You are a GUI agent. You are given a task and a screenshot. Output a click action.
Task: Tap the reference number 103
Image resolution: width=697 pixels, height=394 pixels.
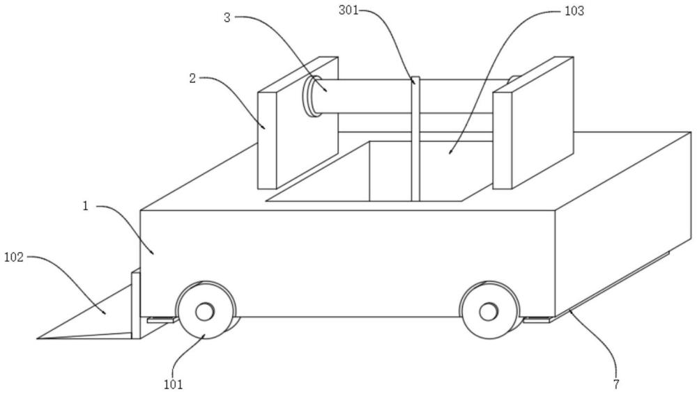click(x=575, y=11)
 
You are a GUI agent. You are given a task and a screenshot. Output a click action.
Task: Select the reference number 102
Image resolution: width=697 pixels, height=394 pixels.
click(x=14, y=257)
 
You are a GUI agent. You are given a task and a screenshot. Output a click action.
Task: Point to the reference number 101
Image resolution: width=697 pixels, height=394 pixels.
click(x=174, y=382)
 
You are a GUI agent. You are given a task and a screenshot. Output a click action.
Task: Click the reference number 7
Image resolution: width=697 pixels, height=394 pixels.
click(x=616, y=382)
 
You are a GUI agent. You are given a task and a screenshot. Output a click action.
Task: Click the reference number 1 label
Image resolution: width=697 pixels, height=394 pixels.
click(x=86, y=207)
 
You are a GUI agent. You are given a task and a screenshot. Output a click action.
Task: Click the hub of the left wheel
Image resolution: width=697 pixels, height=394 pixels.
click(x=204, y=313)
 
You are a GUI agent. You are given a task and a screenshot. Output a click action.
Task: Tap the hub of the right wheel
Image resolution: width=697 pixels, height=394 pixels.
click(x=489, y=310)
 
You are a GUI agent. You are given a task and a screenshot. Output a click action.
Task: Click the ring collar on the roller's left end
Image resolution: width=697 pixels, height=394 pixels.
click(x=309, y=95)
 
